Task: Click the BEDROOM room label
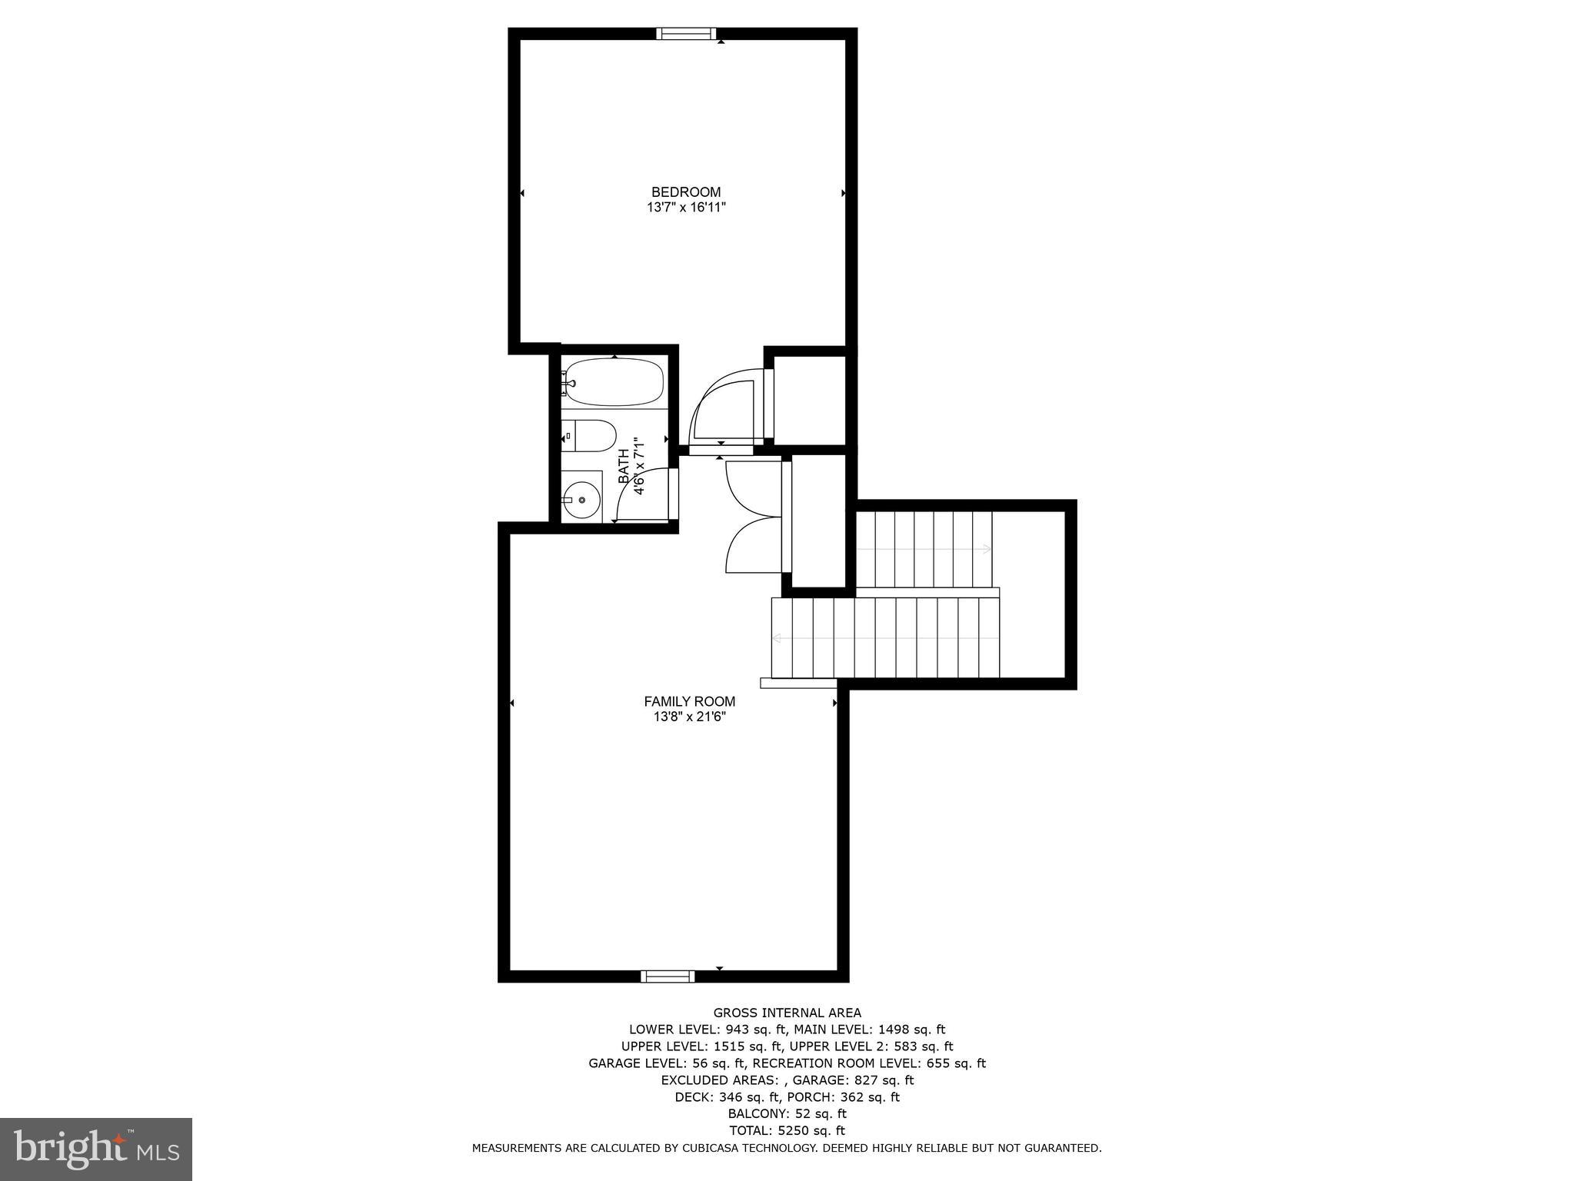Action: click(x=686, y=192)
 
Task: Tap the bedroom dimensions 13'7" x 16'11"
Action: click(x=686, y=208)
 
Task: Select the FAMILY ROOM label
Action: click(x=689, y=701)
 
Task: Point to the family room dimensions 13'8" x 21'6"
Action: click(x=689, y=717)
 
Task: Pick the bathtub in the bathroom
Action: click(x=613, y=382)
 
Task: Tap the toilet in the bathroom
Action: click(x=591, y=436)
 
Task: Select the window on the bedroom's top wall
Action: click(x=686, y=33)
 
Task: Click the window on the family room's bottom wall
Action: click(x=668, y=976)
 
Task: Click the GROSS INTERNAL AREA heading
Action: click(x=787, y=1013)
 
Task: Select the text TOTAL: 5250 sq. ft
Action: click(x=787, y=1130)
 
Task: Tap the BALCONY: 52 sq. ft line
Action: click(x=787, y=1113)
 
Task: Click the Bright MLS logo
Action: click(x=96, y=1149)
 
